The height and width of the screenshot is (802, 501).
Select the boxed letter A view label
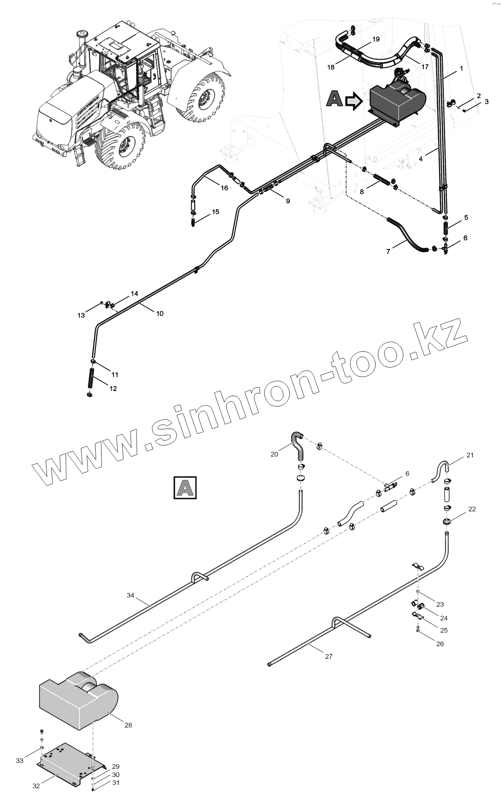pyautogui.click(x=185, y=487)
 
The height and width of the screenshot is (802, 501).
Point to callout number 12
pyautogui.click(x=113, y=388)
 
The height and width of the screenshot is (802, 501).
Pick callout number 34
pyautogui.click(x=131, y=595)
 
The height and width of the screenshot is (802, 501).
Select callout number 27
pyautogui.click(x=328, y=657)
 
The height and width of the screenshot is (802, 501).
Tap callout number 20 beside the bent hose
pyautogui.click(x=274, y=454)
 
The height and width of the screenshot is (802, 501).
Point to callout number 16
pyautogui.click(x=224, y=188)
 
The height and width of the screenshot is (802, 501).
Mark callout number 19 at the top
pyautogui.click(x=376, y=39)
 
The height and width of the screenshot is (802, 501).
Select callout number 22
pyautogui.click(x=472, y=509)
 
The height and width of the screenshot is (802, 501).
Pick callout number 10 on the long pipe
pyautogui.click(x=160, y=313)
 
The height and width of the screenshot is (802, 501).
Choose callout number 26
pyautogui.click(x=440, y=644)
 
